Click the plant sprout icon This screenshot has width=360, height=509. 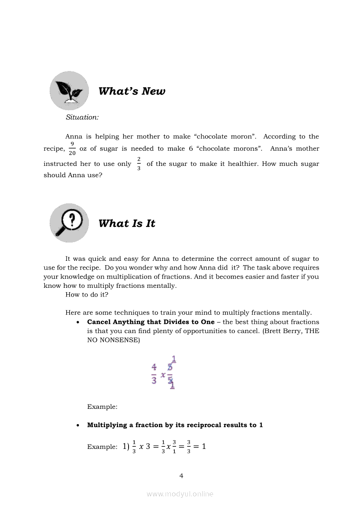click(69, 91)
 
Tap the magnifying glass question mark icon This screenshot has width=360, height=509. click(69, 223)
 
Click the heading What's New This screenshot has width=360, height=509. click(132, 91)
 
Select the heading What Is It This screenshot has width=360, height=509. click(126, 223)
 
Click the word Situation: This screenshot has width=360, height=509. click(82, 117)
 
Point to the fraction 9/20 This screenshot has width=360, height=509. click(72, 148)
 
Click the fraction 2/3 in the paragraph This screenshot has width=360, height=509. click(139, 164)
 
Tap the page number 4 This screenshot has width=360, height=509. click(181, 476)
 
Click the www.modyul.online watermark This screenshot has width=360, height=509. click(180, 494)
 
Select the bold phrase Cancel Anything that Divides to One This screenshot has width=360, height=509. click(151, 322)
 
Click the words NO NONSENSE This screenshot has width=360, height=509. click(113, 340)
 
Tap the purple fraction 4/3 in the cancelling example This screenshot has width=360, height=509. click(154, 374)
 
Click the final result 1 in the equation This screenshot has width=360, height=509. click(203, 447)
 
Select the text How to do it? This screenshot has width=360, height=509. click(87, 295)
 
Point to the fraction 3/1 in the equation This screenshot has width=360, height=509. click(174, 447)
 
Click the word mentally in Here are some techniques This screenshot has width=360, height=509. click(298, 313)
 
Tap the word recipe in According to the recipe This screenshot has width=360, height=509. click(54, 148)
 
